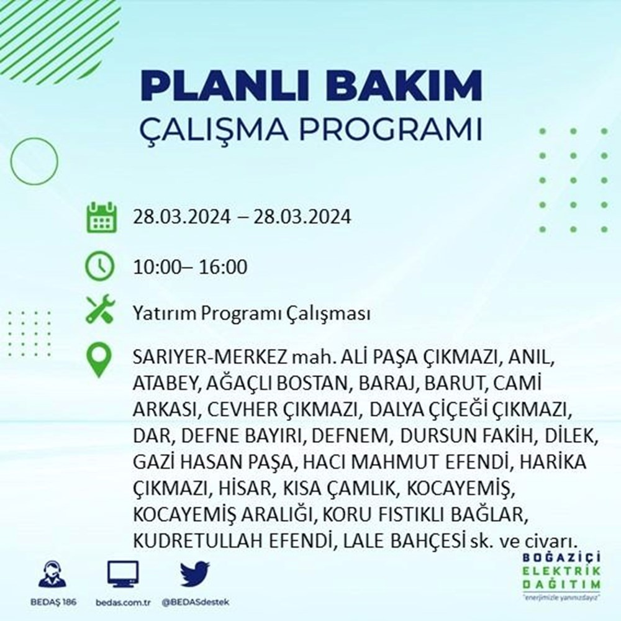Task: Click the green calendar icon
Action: (99, 217)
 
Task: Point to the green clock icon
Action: (99, 267)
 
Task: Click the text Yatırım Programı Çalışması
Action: (252, 314)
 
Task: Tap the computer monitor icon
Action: (123, 574)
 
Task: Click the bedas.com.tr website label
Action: (123, 603)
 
